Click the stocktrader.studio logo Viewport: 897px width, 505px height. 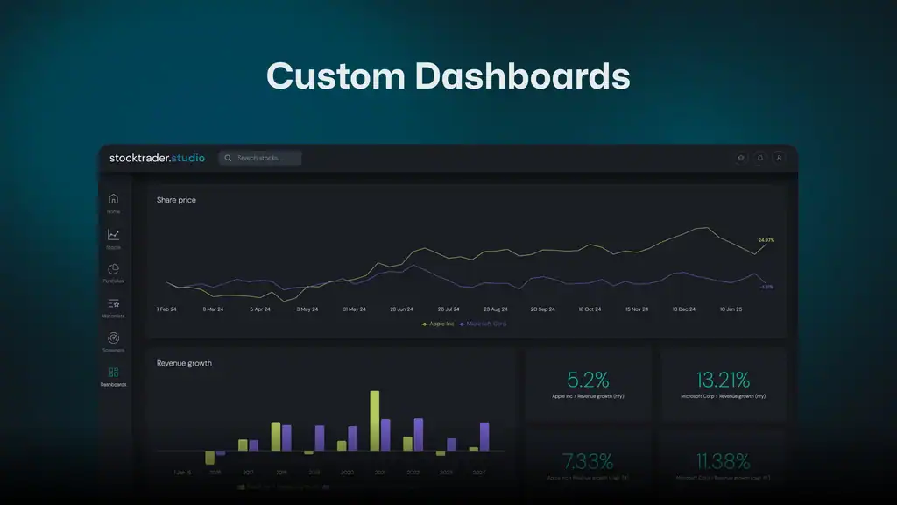(x=157, y=158)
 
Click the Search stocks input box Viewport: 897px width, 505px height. (x=260, y=158)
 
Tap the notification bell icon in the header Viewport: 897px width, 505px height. (x=760, y=158)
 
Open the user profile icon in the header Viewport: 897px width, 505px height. (x=779, y=158)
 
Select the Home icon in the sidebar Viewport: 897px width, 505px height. (x=113, y=200)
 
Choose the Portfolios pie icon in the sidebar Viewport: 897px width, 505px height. (x=113, y=270)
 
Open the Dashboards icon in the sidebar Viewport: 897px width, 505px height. (x=113, y=373)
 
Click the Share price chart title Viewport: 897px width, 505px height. (x=176, y=200)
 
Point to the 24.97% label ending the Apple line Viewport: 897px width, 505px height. (x=766, y=239)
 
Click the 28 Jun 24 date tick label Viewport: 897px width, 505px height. (x=401, y=309)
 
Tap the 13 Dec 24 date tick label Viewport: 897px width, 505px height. (x=683, y=309)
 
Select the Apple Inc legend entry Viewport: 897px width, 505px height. (x=438, y=324)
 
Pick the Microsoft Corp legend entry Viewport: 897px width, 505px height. (x=484, y=324)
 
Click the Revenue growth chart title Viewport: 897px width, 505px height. (x=184, y=363)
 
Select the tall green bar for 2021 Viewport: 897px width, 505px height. (x=375, y=421)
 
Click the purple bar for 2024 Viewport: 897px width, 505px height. (x=484, y=437)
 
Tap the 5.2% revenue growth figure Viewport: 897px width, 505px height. (x=587, y=380)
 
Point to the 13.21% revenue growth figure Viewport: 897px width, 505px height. (x=723, y=380)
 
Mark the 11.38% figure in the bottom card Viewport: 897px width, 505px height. (x=724, y=461)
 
